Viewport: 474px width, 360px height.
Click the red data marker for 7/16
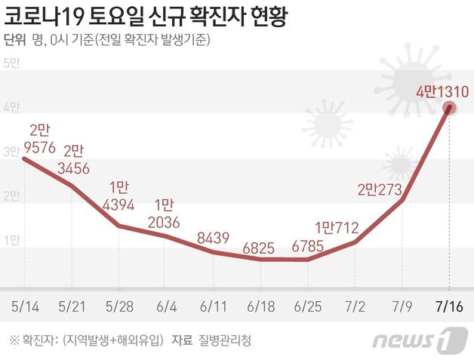(x=450, y=108)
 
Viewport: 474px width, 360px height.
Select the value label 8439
(x=214, y=238)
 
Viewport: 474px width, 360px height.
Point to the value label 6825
(x=261, y=246)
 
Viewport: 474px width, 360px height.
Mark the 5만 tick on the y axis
(x=11, y=63)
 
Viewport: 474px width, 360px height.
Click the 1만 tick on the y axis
(x=11, y=241)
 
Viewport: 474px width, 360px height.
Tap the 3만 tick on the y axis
(x=11, y=152)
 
